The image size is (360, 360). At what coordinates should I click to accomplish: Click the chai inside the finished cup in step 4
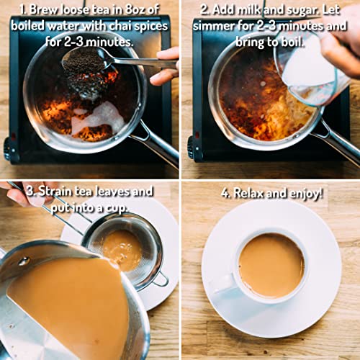pos(271,266)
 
